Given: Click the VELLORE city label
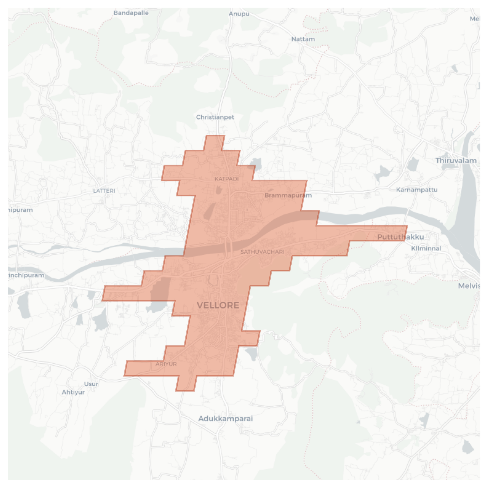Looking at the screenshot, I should point(218,305).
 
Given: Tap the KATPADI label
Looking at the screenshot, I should point(227,179).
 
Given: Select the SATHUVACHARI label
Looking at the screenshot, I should point(262,252).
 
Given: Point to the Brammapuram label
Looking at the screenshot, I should point(288,195).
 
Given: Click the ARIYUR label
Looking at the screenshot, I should point(166,364).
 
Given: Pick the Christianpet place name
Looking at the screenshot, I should point(215,117).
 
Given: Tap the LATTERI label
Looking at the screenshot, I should point(104,191).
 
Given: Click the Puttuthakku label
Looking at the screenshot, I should point(400,237).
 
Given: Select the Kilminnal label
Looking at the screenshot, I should point(426,248).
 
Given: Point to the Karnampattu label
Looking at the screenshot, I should point(417,190).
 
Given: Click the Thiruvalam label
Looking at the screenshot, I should point(456,161).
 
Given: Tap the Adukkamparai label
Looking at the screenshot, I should point(225,419).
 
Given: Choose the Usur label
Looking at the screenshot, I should point(91,384).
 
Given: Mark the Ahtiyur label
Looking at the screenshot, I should point(73,392).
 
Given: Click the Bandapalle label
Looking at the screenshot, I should point(131,13).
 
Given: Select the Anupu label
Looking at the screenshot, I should point(239,14).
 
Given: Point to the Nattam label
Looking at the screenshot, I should point(303,39).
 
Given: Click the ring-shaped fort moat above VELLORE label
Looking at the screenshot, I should point(213,280).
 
